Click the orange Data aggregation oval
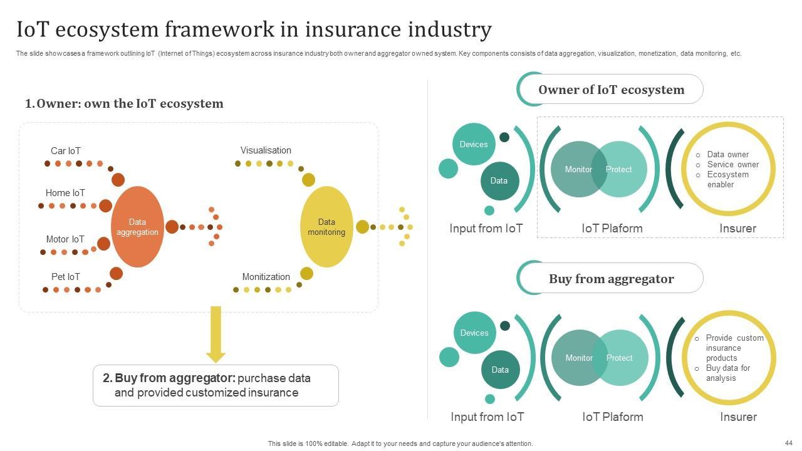pos(137,227)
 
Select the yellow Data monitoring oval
pos(326,227)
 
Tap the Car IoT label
pos(66,151)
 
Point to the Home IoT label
pos(65,192)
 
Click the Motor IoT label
pos(65,239)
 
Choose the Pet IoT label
pos(66,276)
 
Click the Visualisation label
pos(266,150)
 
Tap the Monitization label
pos(266,276)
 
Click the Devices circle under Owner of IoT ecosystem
pos(474,144)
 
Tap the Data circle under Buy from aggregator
pos(500,370)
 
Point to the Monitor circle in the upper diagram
pos(575,169)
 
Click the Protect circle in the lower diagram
pos(623,358)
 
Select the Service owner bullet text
pos(733,164)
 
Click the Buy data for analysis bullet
pos(727,373)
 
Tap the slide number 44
pos(788,443)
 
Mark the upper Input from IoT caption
pos(486,228)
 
